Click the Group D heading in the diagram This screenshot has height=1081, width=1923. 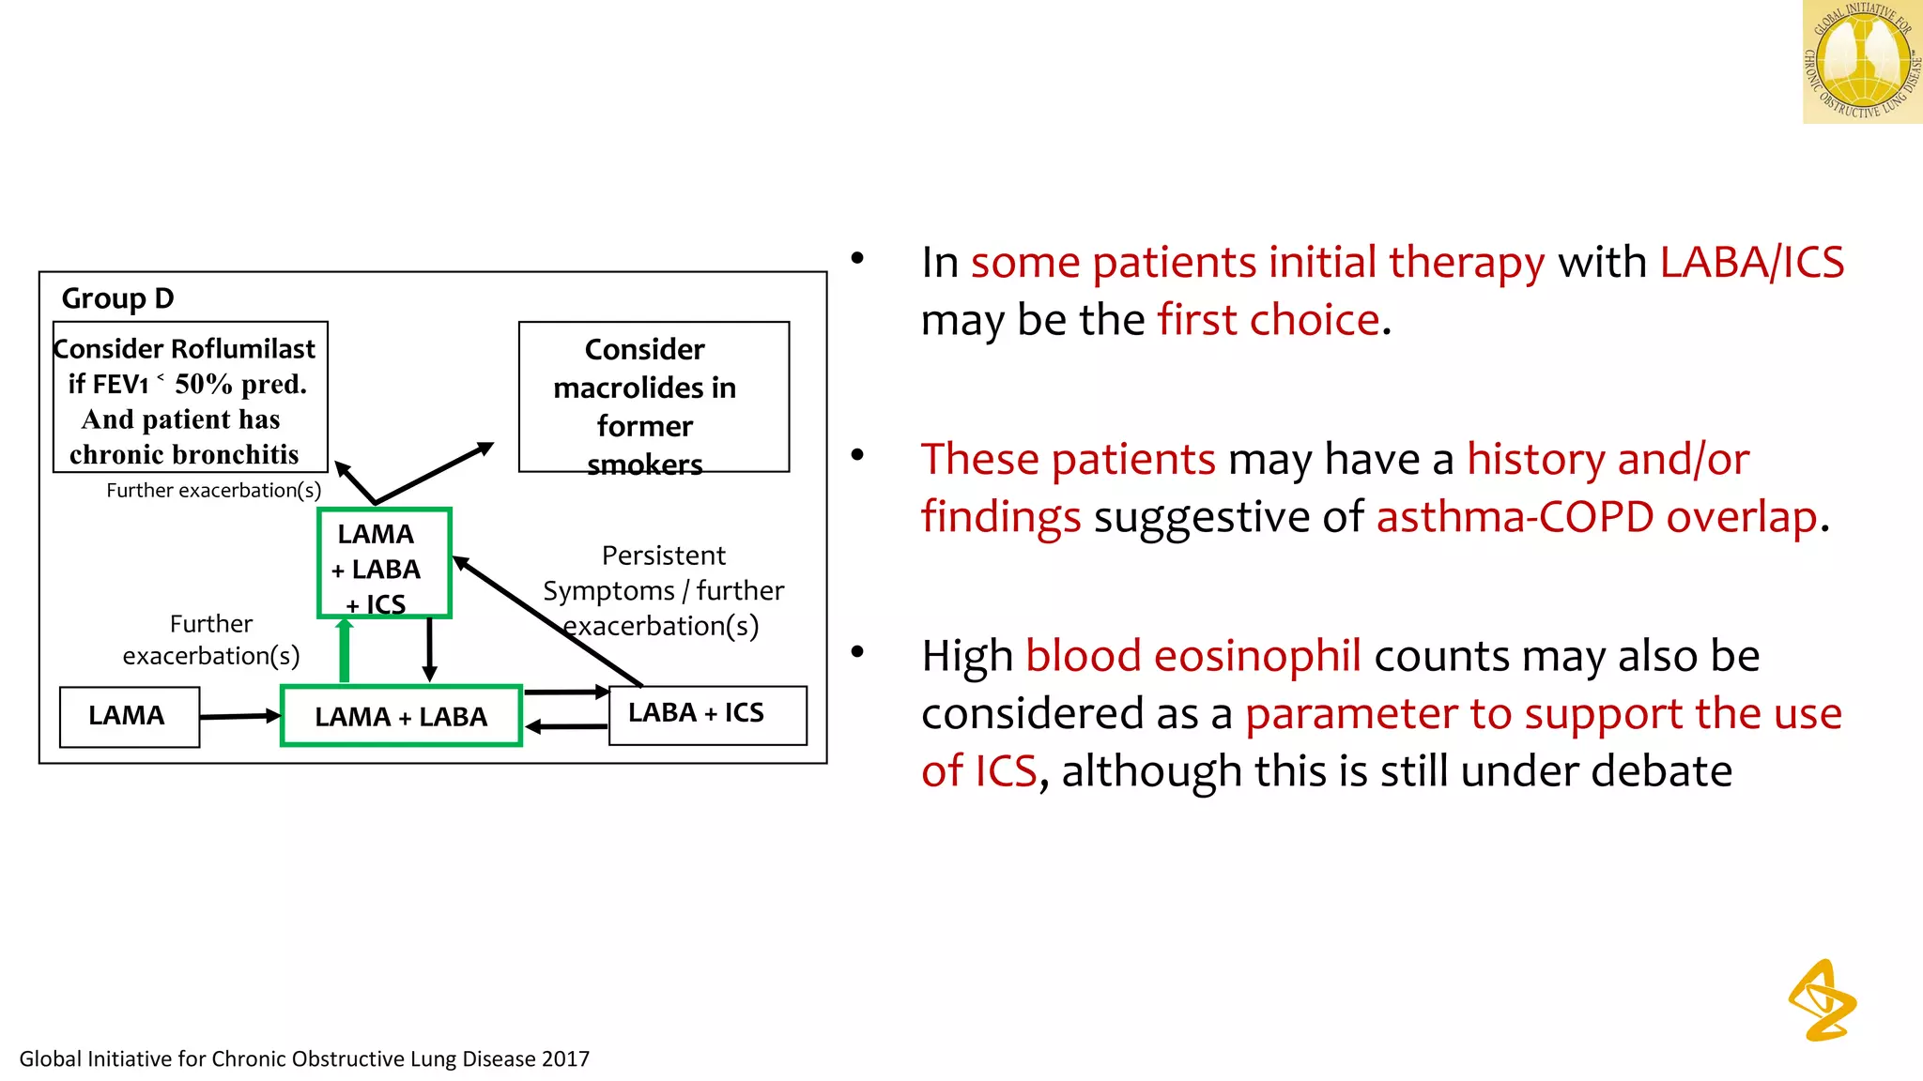[117, 298]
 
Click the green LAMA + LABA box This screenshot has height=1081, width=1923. [401, 717]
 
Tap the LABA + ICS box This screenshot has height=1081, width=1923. [707, 714]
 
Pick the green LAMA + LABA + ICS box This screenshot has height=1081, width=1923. [384, 563]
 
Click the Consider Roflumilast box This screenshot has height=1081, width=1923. [190, 397]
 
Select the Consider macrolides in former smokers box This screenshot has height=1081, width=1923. [654, 397]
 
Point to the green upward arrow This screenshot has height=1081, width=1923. [345, 650]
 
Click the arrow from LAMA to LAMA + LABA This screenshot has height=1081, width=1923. [239, 716]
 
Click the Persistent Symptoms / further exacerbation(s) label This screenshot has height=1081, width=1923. [664, 590]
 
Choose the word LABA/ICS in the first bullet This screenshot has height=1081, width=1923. [1750, 263]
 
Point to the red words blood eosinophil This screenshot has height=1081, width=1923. [1192, 656]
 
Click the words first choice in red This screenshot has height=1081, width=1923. [1268, 321]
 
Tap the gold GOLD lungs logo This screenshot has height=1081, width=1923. [1861, 62]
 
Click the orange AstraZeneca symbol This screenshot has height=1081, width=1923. [1823, 1000]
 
